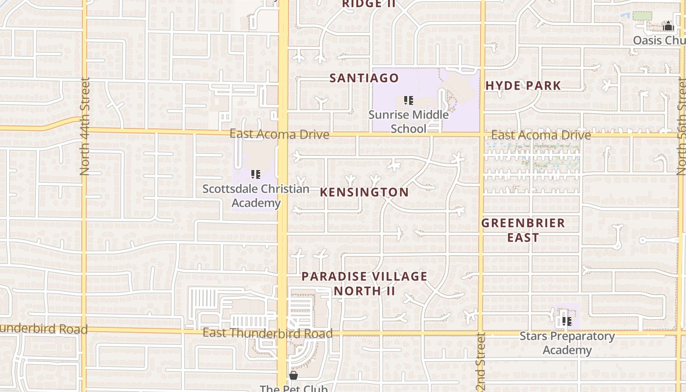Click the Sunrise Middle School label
[408, 122]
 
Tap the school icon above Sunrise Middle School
[408, 100]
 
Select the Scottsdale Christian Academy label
[256, 196]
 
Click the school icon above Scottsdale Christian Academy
[255, 174]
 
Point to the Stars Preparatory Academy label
[567, 343]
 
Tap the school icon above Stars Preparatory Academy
[566, 321]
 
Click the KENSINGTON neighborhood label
[364, 192]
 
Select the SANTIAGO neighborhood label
[364, 78]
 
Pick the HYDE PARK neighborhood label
[523, 86]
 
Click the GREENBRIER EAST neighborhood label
[523, 230]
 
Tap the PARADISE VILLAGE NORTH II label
[364, 283]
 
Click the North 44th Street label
[85, 126]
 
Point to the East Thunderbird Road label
[268, 334]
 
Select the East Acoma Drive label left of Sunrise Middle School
[279, 134]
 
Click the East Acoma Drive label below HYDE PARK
[541, 135]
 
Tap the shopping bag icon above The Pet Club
[293, 375]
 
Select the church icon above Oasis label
[668, 25]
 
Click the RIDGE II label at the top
[368, 4]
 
